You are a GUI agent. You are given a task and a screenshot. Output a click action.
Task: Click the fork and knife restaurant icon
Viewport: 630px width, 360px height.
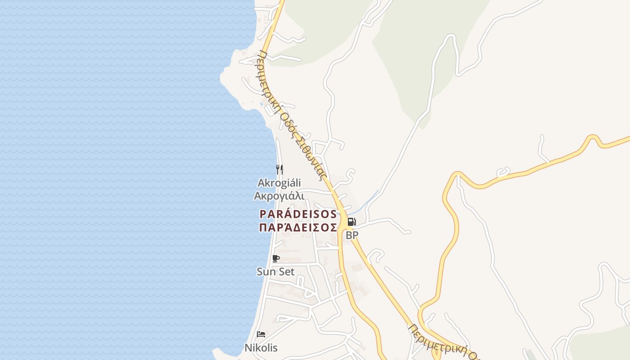pos(279,169)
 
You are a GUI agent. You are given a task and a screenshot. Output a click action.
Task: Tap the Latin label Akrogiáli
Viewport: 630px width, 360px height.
pos(279,183)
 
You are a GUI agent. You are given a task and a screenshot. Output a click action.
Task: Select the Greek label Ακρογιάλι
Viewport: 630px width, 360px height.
pos(279,196)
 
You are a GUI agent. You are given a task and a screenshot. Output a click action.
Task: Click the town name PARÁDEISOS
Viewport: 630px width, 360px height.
pos(298,214)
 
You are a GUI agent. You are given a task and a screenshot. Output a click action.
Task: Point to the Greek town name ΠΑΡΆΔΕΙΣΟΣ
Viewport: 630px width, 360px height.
pos(298,227)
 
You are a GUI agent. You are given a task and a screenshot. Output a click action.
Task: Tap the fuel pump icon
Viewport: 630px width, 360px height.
pos(351,221)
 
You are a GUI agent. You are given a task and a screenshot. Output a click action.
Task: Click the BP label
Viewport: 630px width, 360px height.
pos(352,235)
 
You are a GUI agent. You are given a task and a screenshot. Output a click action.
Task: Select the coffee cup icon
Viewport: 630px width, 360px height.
pos(276,258)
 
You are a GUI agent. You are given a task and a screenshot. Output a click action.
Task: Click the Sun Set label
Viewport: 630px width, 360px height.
pos(275,271)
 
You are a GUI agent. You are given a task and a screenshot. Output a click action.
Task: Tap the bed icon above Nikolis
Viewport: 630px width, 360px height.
pos(261,334)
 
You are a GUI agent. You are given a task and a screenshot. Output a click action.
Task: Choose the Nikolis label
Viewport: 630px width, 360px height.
pos(261,347)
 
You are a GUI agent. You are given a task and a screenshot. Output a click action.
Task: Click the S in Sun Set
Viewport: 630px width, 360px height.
pos(260,271)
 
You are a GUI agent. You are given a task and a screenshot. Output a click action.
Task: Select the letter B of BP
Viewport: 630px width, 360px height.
pos(349,235)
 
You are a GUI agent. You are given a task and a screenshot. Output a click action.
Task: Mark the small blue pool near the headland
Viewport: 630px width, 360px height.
pos(261,104)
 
